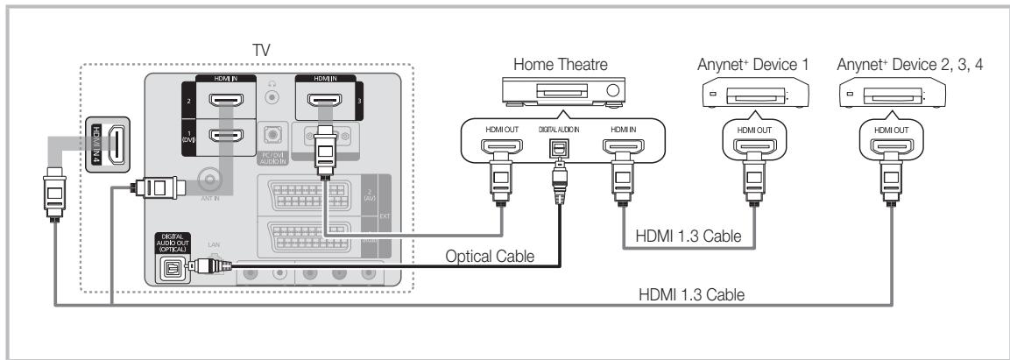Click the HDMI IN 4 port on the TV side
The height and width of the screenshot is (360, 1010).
[116, 145]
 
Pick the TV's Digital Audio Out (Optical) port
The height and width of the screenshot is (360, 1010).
[170, 266]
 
